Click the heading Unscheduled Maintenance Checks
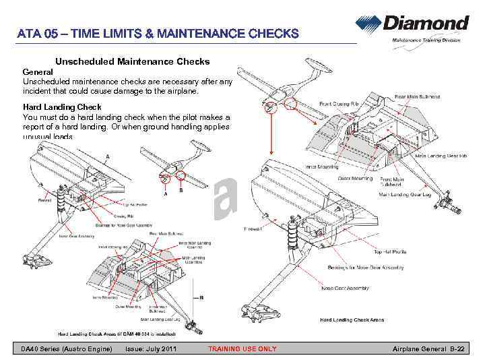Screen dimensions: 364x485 pos(132,62)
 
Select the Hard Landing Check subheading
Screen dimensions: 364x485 pos(62,107)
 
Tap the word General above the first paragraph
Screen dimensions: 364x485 pos(38,71)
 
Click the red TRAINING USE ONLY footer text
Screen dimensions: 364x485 pos(243,348)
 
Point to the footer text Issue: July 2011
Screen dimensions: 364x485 pos(152,348)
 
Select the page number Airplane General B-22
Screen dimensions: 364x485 pos(429,348)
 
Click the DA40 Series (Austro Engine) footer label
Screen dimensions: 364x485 pos(66,348)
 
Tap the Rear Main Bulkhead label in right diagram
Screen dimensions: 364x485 pos(422,96)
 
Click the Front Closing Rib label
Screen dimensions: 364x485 pos(339,104)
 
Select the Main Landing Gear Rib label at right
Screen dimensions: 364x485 pos(441,156)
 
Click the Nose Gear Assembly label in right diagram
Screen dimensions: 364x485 pos(346,288)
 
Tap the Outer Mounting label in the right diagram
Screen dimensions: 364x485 pos(354,179)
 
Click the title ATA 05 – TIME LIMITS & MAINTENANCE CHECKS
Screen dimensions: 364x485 pos(158,34)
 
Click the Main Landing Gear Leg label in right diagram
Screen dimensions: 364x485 pos(405,194)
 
